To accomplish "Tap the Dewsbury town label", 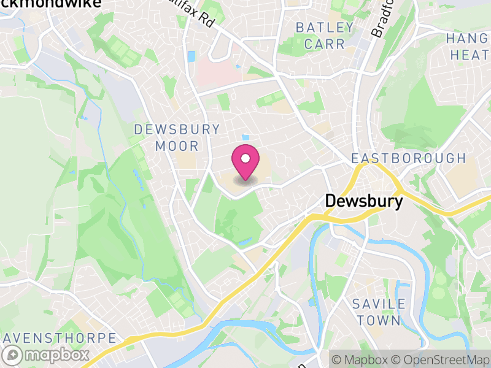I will coord(364,201).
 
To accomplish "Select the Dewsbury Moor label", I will coord(177,137).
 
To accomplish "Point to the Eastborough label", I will coord(409,158).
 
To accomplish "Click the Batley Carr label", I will coord(325,36).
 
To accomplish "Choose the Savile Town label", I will coord(379,312).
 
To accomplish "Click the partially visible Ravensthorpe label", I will coord(58,338).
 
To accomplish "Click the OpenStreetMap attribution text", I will coord(441,359).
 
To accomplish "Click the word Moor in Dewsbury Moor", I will coord(177,146).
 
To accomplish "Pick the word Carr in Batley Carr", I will coord(325,44).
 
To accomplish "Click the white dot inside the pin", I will coord(245,159).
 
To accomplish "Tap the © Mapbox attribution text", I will coord(362,359).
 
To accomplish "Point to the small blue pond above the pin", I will coord(246,137).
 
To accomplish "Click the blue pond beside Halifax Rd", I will coord(191,56).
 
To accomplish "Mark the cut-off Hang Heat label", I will coord(469,46).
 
